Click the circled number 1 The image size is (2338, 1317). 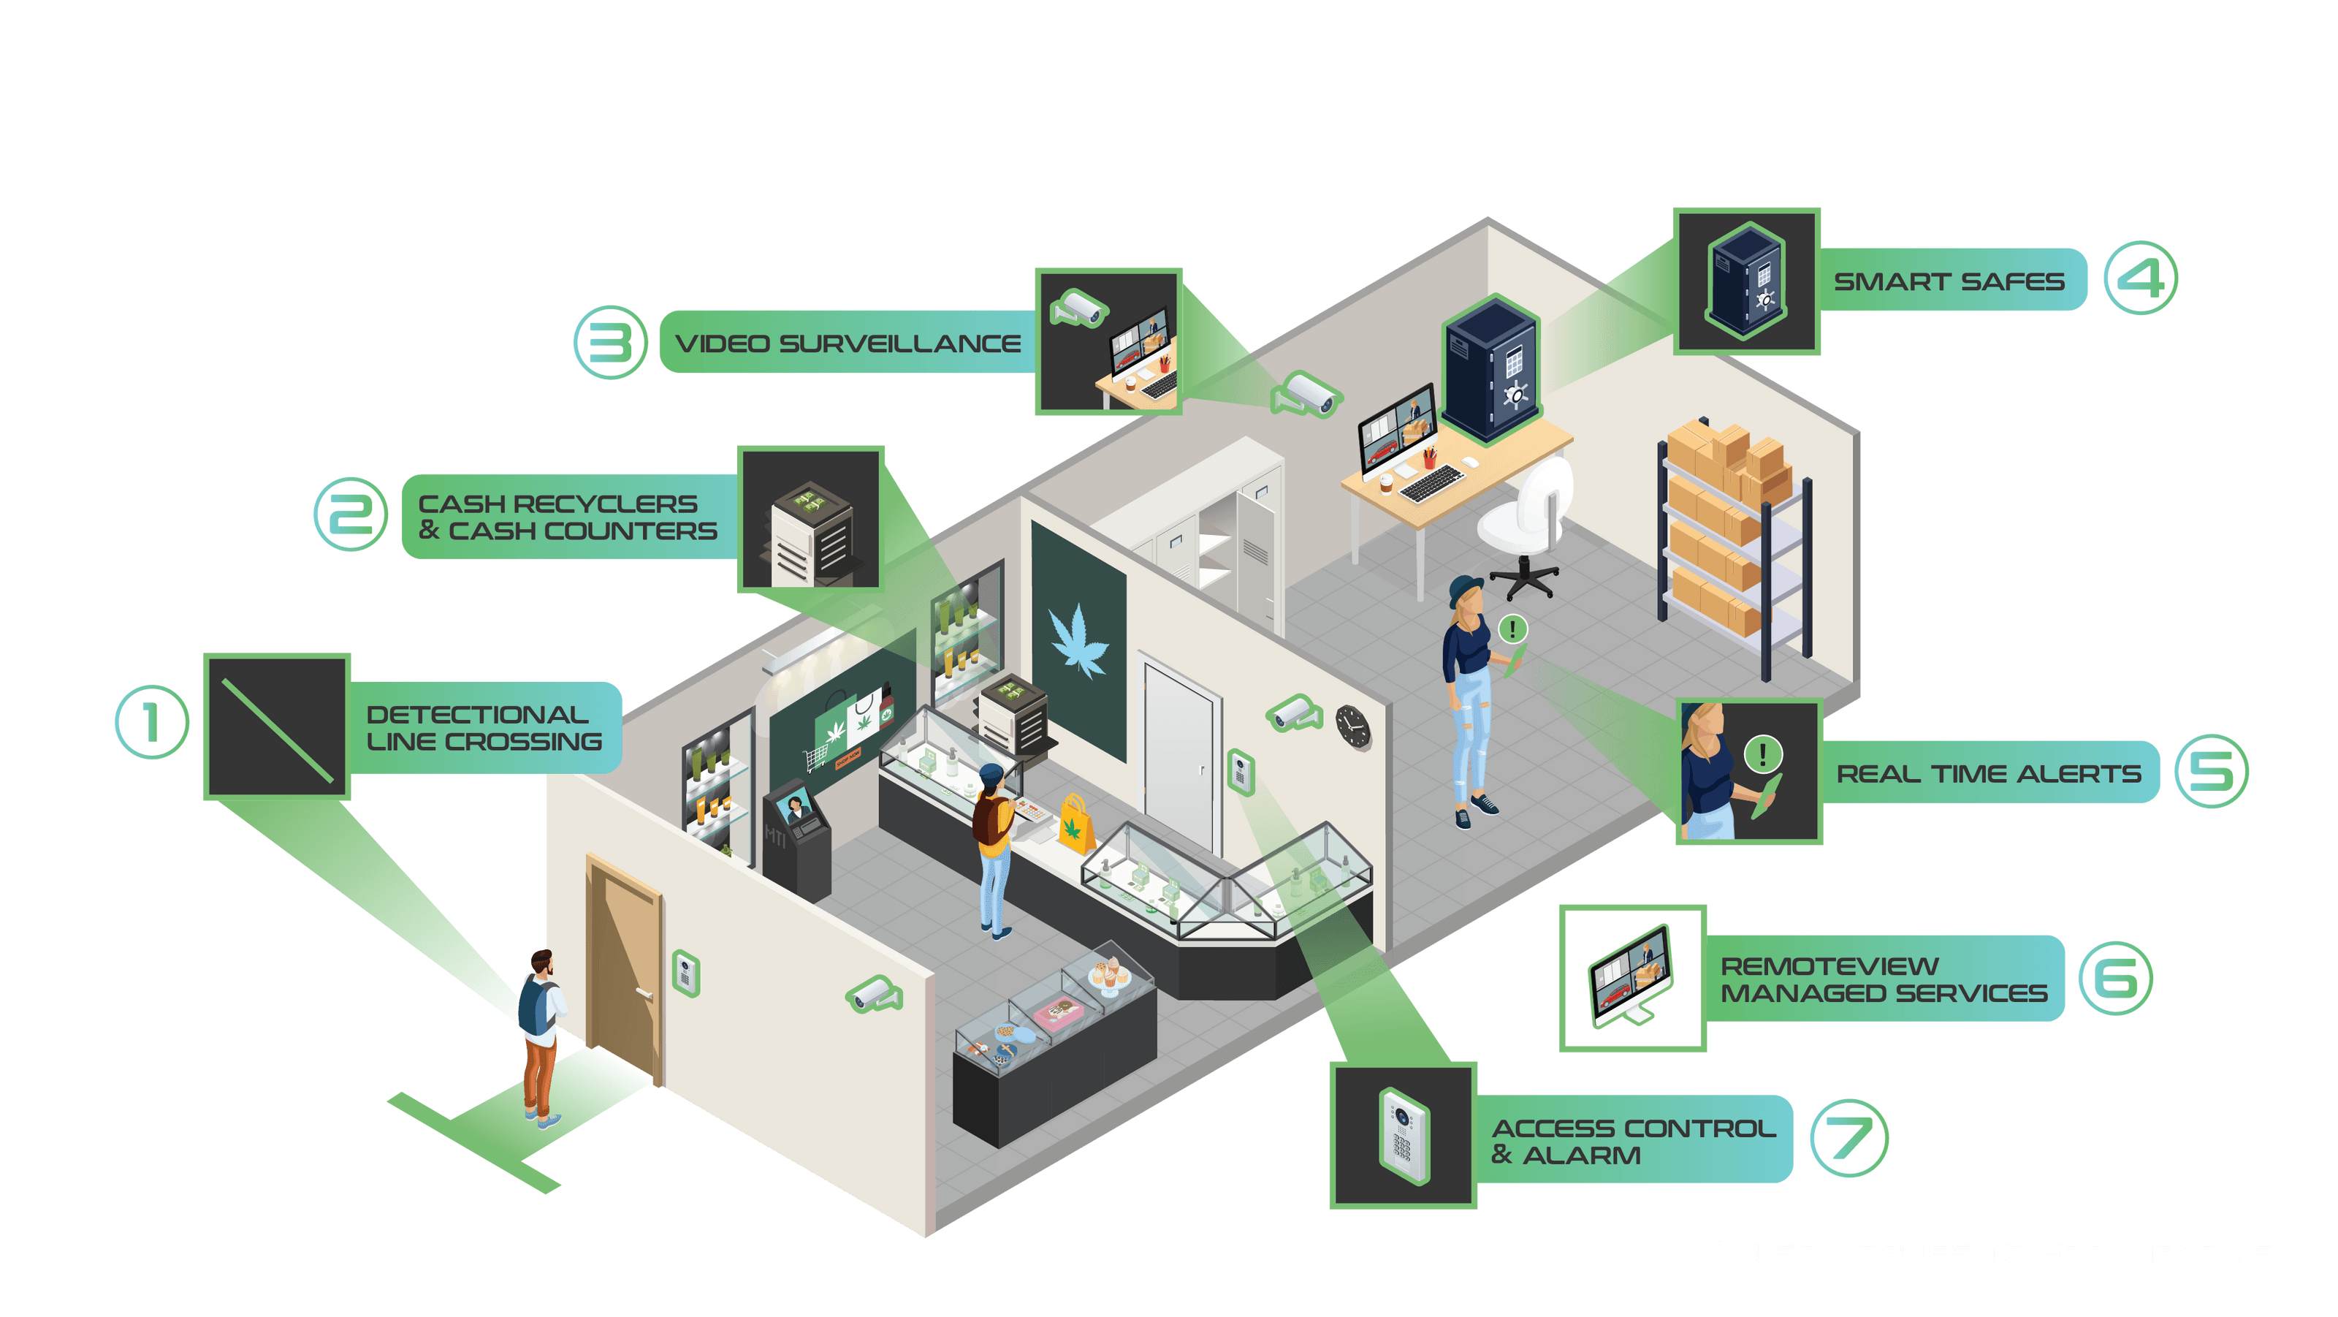point(153,723)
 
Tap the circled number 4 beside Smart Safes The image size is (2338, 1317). point(2141,278)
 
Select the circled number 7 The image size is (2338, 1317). point(1848,1138)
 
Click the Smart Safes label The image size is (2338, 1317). point(1949,281)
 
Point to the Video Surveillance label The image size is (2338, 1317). point(848,343)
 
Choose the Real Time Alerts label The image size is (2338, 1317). point(1987,773)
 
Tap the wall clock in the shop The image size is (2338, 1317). point(1352,726)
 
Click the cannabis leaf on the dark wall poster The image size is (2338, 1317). point(1078,641)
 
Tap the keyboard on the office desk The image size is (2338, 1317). point(1432,482)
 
